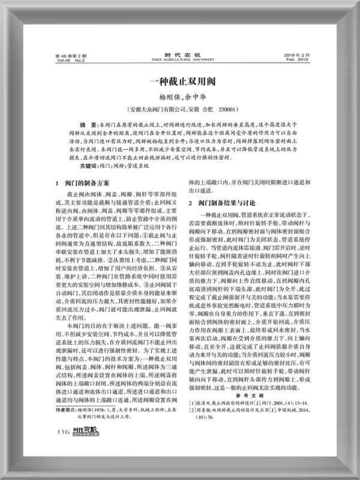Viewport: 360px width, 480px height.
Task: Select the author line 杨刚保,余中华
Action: pyautogui.click(x=180, y=98)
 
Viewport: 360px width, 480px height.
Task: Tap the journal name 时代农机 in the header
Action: pyautogui.click(x=179, y=54)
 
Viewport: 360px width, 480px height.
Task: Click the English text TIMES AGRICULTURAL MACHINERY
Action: pyautogui.click(x=179, y=59)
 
